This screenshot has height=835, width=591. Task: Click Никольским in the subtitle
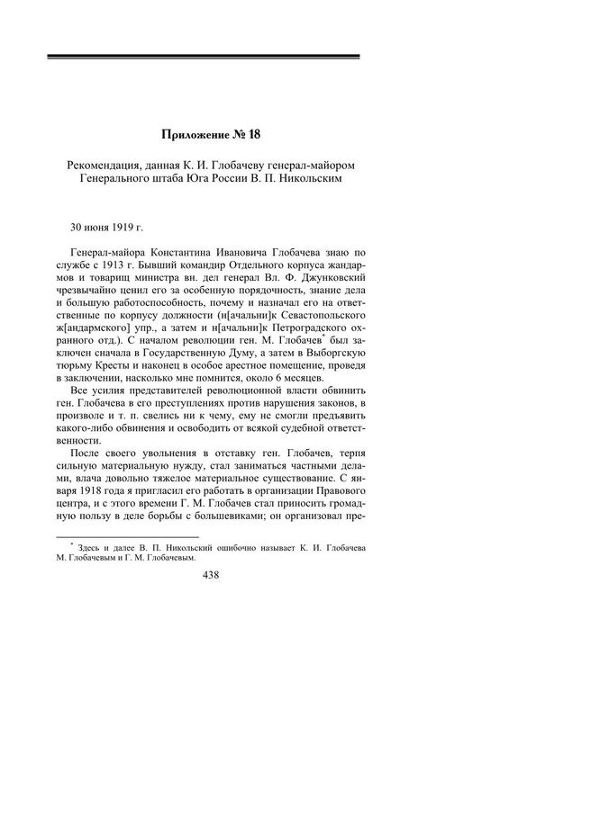(310, 177)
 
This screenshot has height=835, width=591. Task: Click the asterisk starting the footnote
(70, 543)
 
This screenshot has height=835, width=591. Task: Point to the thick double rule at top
(204, 57)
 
